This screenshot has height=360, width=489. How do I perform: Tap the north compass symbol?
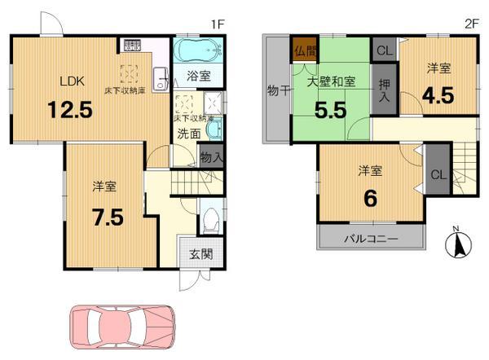459,243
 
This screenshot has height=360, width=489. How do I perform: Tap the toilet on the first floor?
209,218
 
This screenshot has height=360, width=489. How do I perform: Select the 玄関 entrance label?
201,254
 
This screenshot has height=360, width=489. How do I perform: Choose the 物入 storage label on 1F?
209,156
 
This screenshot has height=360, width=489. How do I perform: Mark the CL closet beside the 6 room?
438,174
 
